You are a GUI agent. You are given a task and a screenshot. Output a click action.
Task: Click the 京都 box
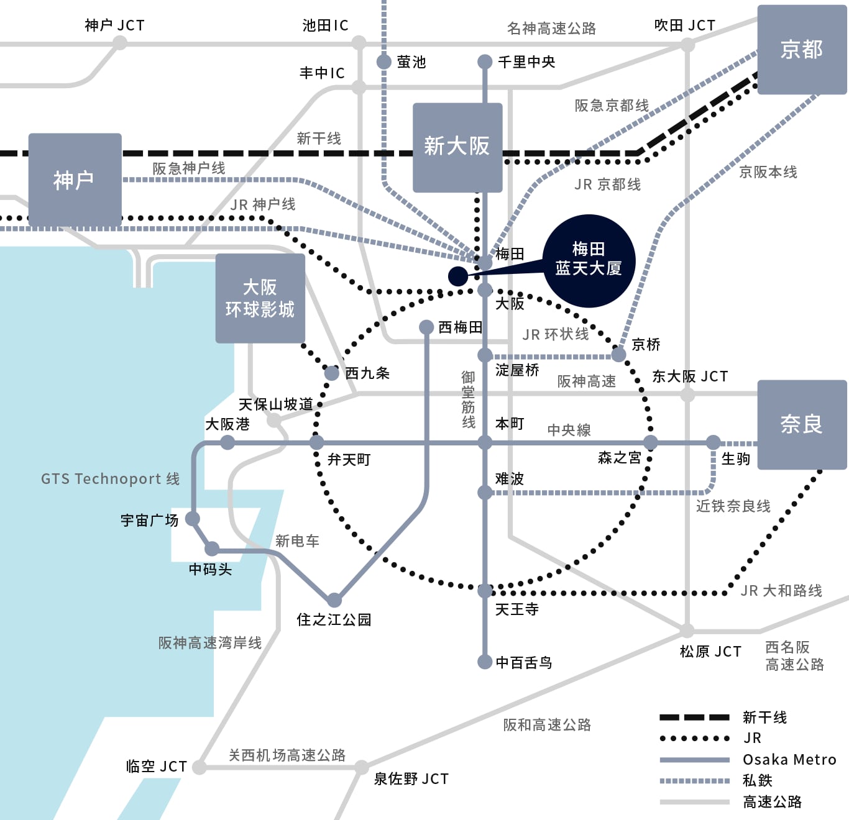pos(802,49)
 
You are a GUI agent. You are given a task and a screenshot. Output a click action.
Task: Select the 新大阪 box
pos(457,147)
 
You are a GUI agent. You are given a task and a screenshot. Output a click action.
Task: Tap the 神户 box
pos(75,180)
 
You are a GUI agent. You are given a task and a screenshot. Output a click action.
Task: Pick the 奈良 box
pos(802,425)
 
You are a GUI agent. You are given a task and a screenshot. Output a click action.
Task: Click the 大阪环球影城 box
pos(260,298)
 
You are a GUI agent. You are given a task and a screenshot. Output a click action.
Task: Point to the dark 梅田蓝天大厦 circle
pos(589,261)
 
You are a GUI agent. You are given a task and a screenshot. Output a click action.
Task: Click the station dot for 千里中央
pos(485,61)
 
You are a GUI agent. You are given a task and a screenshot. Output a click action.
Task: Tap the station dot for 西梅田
pos(426,327)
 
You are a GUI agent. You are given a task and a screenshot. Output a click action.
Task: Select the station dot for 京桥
pos(618,354)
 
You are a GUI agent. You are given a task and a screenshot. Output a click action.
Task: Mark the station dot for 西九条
pos(331,373)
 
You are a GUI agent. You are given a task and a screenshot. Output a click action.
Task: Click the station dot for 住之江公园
pos(334,599)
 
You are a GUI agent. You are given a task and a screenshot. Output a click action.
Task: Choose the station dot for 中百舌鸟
pos(485,662)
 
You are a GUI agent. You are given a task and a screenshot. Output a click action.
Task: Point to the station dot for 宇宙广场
pos(193,519)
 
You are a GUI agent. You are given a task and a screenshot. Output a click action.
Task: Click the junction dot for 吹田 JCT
pos(687,45)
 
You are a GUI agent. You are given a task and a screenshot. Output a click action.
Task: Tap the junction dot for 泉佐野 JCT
pos(361,767)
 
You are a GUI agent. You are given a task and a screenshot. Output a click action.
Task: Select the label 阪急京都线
pos(612,106)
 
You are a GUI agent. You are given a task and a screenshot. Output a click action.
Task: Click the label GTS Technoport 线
pos(111,478)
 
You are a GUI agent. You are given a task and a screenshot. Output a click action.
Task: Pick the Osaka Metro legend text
pos(790,759)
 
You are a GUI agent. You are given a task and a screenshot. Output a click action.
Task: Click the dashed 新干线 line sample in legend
pos(695,717)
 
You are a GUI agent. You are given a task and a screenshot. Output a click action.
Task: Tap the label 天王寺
pos(517,609)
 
